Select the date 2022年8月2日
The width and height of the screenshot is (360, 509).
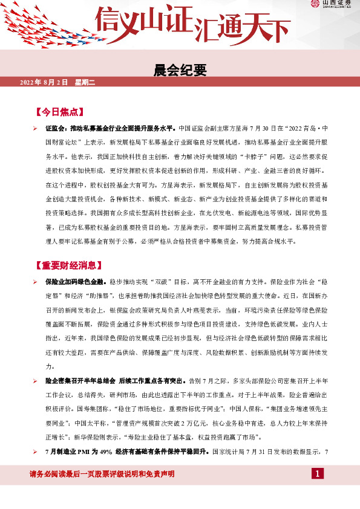coord(45,82)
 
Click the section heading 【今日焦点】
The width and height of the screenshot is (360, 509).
coord(59,112)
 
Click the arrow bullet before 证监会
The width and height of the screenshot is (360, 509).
coord(36,129)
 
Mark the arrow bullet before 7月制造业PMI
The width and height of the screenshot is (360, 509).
coord(36,452)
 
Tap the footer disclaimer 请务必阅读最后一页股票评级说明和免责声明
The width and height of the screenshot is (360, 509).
coord(102,473)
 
